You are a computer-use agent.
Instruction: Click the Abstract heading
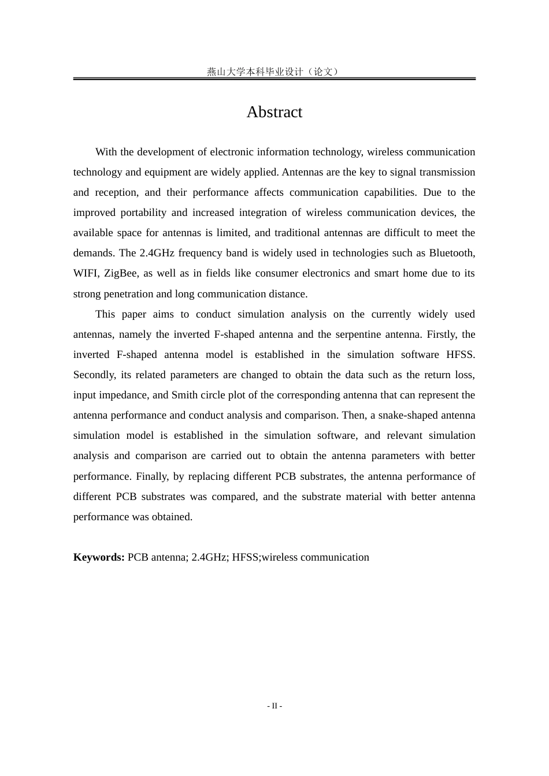pos(274,112)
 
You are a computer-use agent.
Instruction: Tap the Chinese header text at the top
pos(274,72)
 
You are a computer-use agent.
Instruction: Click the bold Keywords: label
pos(99,557)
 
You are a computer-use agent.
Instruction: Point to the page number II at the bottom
pos(274,706)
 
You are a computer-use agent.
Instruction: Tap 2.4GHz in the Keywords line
pos(209,557)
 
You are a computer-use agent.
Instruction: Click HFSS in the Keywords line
pos(245,557)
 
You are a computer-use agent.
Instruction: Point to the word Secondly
pos(94,375)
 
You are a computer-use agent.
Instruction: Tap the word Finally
pos(152,476)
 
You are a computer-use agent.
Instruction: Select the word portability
pos(143,212)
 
